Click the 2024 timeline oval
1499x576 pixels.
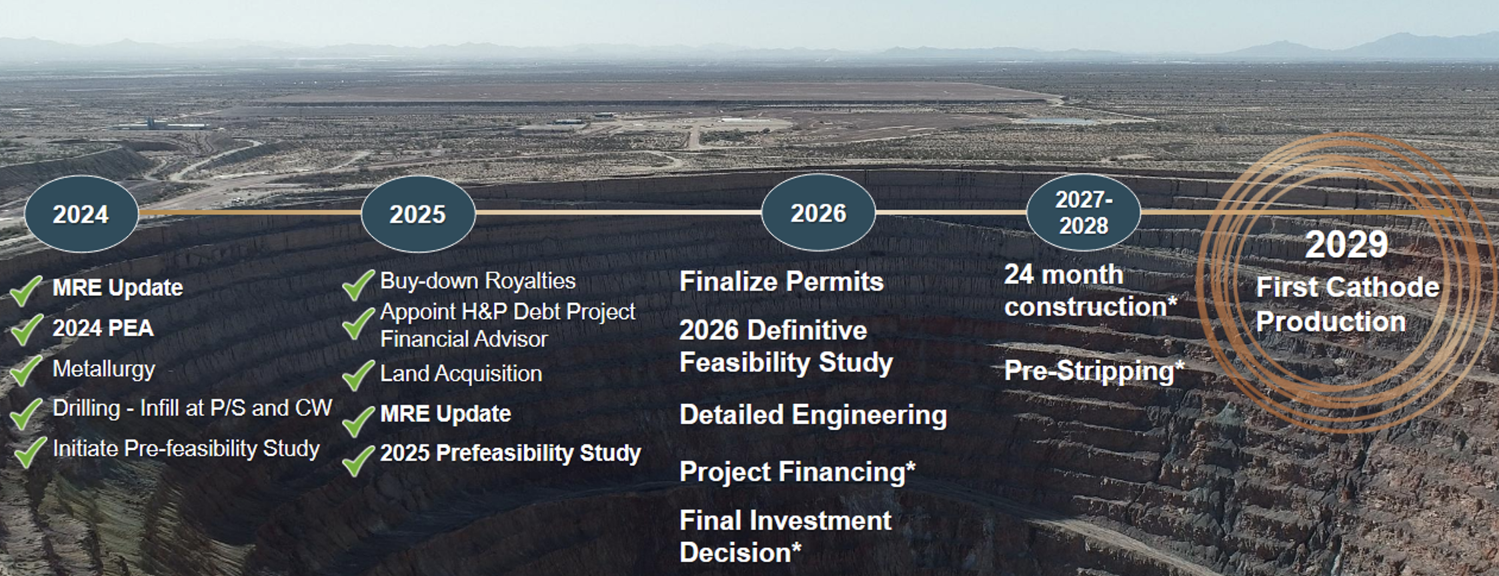coord(81,214)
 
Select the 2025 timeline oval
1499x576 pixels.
coord(418,214)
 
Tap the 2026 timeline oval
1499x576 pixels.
coord(818,213)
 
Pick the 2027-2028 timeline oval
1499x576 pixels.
coord(1084,212)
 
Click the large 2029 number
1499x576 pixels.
coord(1346,244)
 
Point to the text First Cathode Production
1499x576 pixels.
coord(1348,305)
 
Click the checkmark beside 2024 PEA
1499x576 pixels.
coord(27,329)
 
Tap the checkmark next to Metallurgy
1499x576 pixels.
coord(27,370)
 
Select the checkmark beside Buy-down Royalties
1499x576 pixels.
coord(358,285)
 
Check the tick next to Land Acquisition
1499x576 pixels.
coord(358,375)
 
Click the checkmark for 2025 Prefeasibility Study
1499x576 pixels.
coord(358,460)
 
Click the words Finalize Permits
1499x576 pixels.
coord(782,281)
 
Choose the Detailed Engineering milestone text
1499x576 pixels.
coord(813,415)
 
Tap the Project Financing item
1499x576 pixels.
coord(798,472)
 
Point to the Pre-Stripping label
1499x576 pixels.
coord(1094,371)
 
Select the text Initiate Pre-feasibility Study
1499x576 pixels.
coord(186,449)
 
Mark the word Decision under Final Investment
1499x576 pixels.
coord(735,553)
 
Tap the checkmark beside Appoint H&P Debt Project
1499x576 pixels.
coord(358,324)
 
